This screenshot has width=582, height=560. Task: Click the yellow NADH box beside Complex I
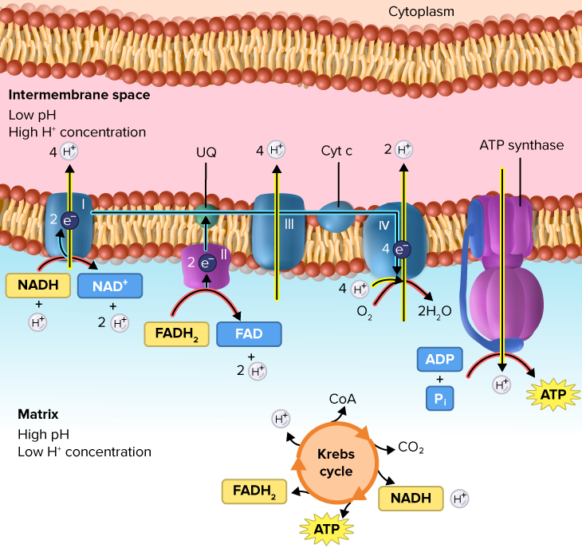click(x=38, y=286)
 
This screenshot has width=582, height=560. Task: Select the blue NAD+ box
click(x=110, y=286)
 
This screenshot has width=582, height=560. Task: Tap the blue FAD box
click(x=249, y=333)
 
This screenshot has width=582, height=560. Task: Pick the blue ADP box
click(x=440, y=359)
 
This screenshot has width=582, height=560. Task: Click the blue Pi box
click(x=440, y=399)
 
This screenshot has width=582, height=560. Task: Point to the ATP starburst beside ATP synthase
click(x=553, y=394)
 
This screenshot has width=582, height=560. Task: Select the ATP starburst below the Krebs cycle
click(x=327, y=529)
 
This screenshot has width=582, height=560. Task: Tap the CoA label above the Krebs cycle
click(x=343, y=399)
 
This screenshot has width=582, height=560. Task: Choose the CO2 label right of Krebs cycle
click(x=411, y=447)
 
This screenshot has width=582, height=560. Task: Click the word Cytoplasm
click(x=421, y=11)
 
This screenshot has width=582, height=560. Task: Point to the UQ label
click(x=206, y=152)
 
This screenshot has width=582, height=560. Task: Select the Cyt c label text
click(x=336, y=151)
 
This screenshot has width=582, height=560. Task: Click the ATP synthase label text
click(x=521, y=145)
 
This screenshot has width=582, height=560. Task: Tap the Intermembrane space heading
click(x=80, y=95)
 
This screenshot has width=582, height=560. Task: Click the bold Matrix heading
click(x=38, y=414)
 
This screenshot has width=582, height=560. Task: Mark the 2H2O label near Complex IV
click(x=435, y=311)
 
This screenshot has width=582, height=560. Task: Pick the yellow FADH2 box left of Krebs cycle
click(x=254, y=491)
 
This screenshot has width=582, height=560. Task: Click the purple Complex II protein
click(x=206, y=266)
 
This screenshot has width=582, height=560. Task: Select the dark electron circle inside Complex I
click(x=70, y=221)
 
